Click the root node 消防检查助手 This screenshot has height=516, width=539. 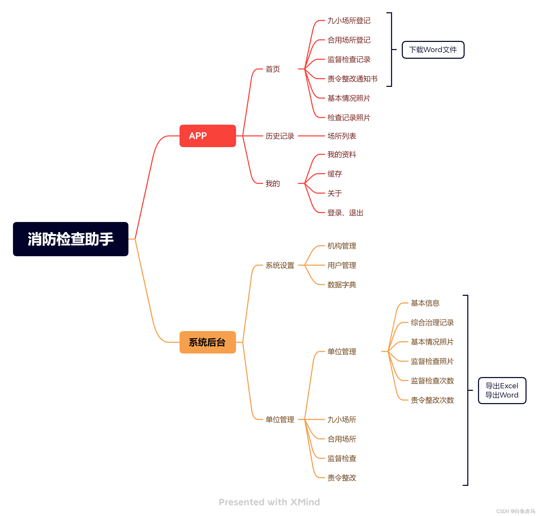tap(71, 239)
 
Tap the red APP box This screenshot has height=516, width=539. tap(208, 136)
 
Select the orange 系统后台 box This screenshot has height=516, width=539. tap(208, 342)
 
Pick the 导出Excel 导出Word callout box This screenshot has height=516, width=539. tap(502, 390)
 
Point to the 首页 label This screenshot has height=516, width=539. tap(273, 69)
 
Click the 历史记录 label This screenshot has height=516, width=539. tap(280, 136)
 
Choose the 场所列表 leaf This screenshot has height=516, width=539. tap(342, 136)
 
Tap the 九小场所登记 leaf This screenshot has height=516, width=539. tap(349, 21)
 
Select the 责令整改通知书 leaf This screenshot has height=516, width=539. tap(352, 79)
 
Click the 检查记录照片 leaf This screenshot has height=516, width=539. tap(349, 118)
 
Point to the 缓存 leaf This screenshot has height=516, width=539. tap(334, 174)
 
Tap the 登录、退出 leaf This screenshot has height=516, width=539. tap(345, 213)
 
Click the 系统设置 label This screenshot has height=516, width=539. tap(280, 265)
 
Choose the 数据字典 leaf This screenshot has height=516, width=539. tap(342, 285)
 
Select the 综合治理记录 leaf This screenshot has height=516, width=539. tap(432, 322)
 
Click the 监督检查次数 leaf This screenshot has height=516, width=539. tap(432, 381)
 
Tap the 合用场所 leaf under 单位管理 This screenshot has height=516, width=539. tap(342, 439)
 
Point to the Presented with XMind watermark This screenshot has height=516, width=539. tap(269, 502)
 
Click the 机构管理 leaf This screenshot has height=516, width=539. tap(342, 246)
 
